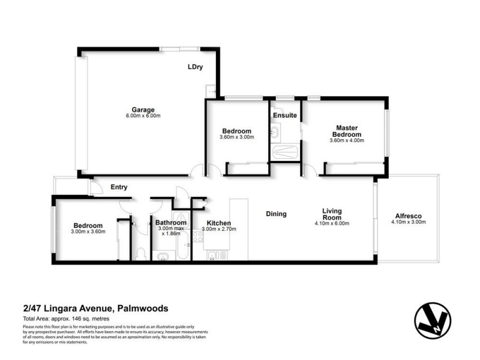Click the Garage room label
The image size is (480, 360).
[x=143, y=110]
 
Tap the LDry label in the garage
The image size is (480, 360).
[x=195, y=67]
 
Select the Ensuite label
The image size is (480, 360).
[x=284, y=115]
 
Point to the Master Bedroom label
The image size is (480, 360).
[x=346, y=131]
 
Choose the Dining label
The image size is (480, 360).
[x=276, y=214]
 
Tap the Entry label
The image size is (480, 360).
[x=119, y=187]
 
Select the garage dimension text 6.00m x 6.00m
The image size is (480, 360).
[x=143, y=116]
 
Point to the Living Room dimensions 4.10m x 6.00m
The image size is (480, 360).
[x=332, y=223]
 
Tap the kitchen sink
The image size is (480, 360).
[x=214, y=256]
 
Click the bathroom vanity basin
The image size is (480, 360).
[x=163, y=257]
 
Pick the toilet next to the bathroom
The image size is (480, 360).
[x=140, y=254]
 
